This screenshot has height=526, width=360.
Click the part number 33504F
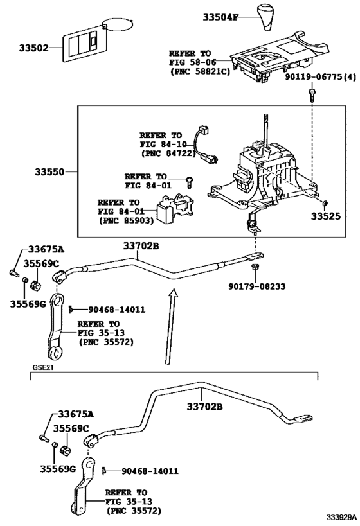pyautogui.click(x=221, y=17)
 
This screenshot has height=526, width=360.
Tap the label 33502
pyautogui.click(x=33, y=48)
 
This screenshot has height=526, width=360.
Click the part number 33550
pyautogui.click(x=50, y=172)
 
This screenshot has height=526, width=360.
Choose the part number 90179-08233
pyautogui.click(x=257, y=286)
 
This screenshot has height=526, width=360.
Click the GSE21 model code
pyautogui.click(x=43, y=369)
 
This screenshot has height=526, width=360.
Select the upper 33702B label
pyautogui.click(x=141, y=246)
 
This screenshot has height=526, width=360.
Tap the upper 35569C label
pyautogui.click(x=41, y=264)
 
